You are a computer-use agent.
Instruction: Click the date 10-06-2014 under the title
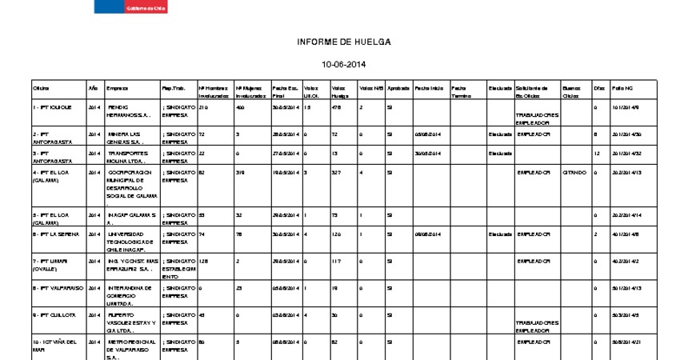tap(343, 64)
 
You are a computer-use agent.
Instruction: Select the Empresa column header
tap(117, 87)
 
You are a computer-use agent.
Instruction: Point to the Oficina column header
tap(41, 87)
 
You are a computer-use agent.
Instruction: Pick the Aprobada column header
tap(398, 87)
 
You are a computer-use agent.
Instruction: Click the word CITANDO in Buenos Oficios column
tap(574, 172)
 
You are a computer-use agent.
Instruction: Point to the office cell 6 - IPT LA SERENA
tap(55, 234)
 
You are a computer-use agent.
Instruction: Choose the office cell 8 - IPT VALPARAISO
tap(56, 287)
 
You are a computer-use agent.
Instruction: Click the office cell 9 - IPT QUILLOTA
tap(53, 314)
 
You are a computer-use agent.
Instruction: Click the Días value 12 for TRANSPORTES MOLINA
tap(597, 153)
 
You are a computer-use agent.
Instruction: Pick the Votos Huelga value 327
tap(336, 172)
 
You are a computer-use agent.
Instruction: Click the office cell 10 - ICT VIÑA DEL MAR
tap(54, 346)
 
